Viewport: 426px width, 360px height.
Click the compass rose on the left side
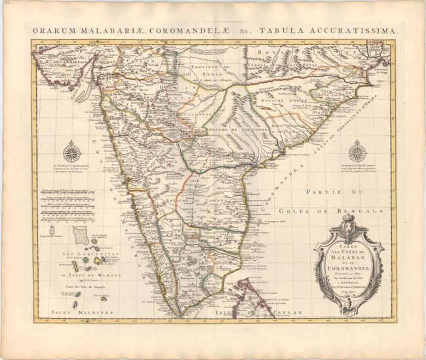(x=72, y=153)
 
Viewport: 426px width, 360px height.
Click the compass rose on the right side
(x=357, y=152)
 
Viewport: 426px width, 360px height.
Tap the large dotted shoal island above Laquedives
(x=82, y=233)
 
